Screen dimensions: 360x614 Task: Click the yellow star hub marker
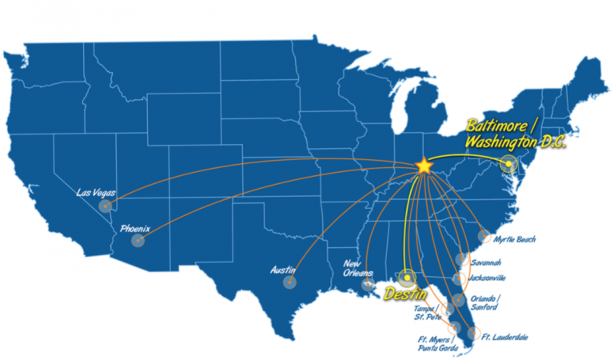(424, 165)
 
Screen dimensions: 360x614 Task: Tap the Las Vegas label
(95, 193)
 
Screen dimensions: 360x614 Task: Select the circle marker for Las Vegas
(106, 206)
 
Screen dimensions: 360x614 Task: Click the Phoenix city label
(134, 229)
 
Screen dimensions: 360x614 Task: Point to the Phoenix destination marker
(138, 240)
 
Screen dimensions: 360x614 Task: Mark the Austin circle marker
(289, 282)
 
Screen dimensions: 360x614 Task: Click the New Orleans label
(357, 268)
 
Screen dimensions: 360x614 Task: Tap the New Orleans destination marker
(369, 284)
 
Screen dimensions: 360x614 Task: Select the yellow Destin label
(404, 294)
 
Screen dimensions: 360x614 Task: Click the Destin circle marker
(409, 277)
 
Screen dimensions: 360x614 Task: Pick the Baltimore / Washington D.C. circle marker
(508, 166)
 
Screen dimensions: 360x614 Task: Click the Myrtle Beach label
(514, 238)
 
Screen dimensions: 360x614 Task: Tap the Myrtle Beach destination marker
(484, 236)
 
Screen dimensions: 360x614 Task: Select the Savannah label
(486, 262)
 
